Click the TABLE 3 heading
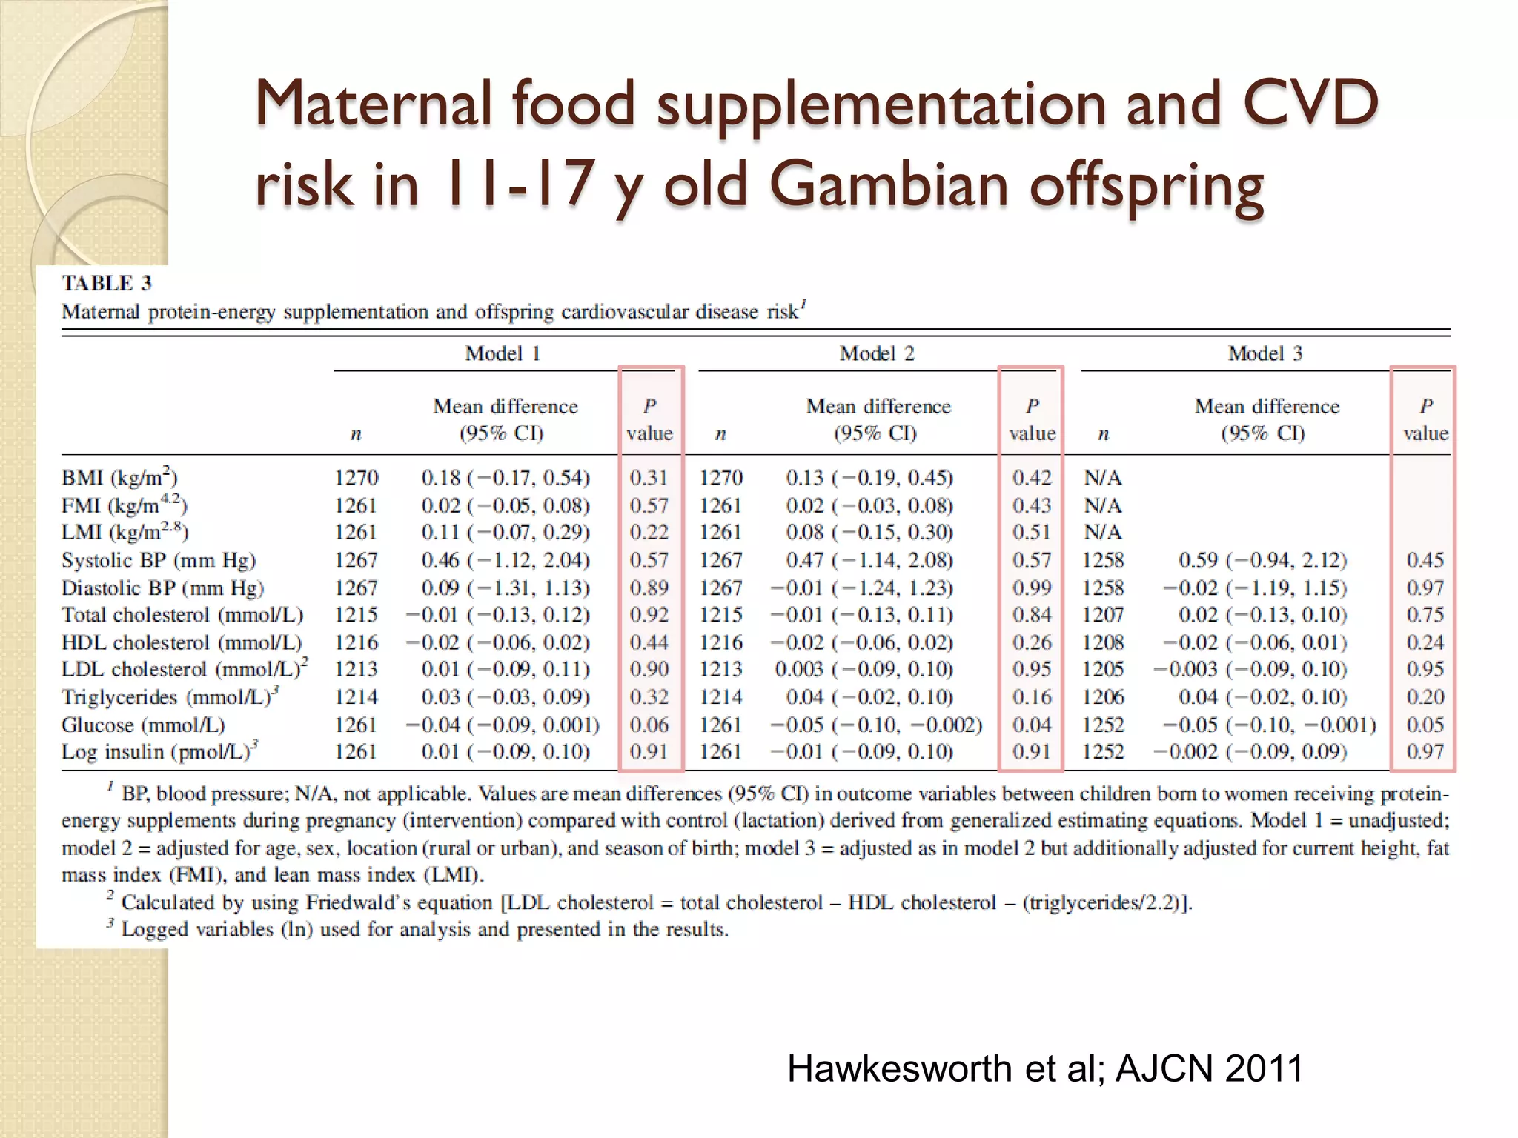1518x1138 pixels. point(107,284)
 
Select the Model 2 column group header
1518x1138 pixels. point(877,353)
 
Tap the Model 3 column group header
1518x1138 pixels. point(1265,353)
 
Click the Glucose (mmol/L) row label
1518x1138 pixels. point(143,725)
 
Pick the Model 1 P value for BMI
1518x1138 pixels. point(649,478)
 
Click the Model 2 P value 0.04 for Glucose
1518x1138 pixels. point(1031,725)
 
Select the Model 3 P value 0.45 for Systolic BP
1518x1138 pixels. point(1425,560)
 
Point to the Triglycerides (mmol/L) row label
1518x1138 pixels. point(170,697)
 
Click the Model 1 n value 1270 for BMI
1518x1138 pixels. point(356,478)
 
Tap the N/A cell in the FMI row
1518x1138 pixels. point(1102,505)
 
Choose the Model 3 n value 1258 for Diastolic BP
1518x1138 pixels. point(1102,588)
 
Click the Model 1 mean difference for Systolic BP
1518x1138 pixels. point(506,560)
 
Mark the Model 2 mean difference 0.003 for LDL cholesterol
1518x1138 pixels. point(864,670)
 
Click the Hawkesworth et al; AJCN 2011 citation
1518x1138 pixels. point(1044,1068)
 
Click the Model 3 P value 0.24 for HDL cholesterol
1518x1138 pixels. point(1425,642)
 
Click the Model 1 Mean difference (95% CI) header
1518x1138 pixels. point(505,419)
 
